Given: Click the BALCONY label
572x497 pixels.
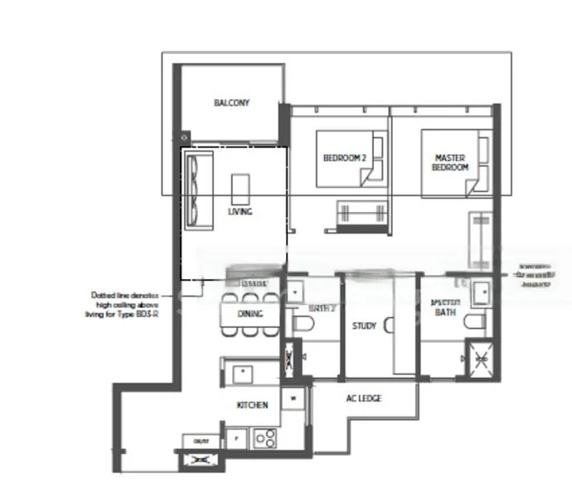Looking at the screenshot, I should point(231,103).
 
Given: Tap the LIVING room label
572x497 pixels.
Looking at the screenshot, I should point(240,211).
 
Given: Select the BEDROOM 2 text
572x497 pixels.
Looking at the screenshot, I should point(344,158).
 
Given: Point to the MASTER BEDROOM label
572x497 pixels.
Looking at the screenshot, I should point(449,162).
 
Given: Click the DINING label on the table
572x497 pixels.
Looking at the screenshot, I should point(250,314).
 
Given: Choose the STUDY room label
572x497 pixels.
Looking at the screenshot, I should point(364,326).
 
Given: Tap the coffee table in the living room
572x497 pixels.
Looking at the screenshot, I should point(240,188).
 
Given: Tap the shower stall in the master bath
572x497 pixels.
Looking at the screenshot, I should point(478,358).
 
